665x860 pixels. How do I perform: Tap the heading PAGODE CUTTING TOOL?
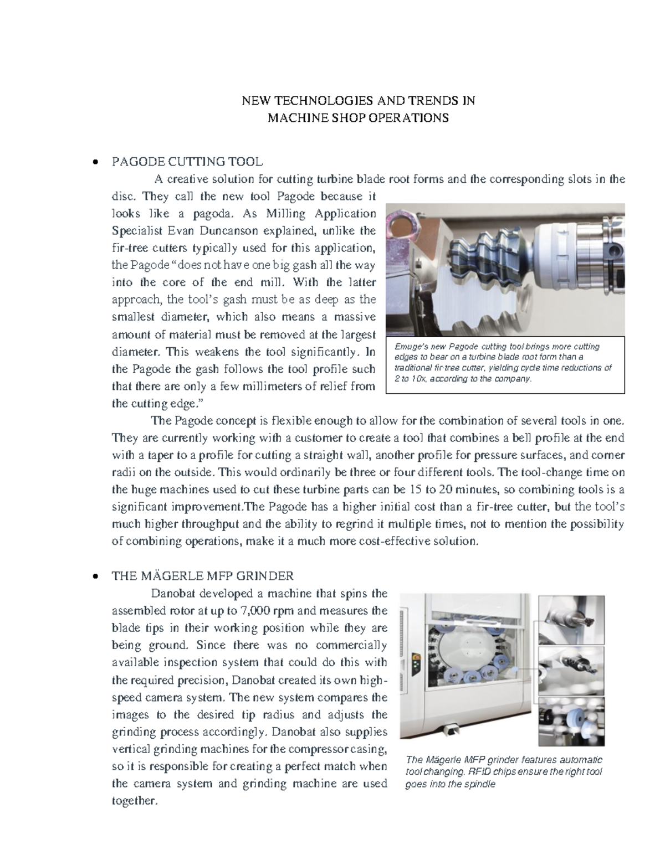click(187, 162)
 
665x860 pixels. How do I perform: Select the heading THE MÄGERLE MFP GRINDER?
click(202, 576)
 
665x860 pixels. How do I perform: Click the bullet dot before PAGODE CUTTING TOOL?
click(96, 163)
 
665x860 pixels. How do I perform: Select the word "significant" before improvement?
click(140, 507)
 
